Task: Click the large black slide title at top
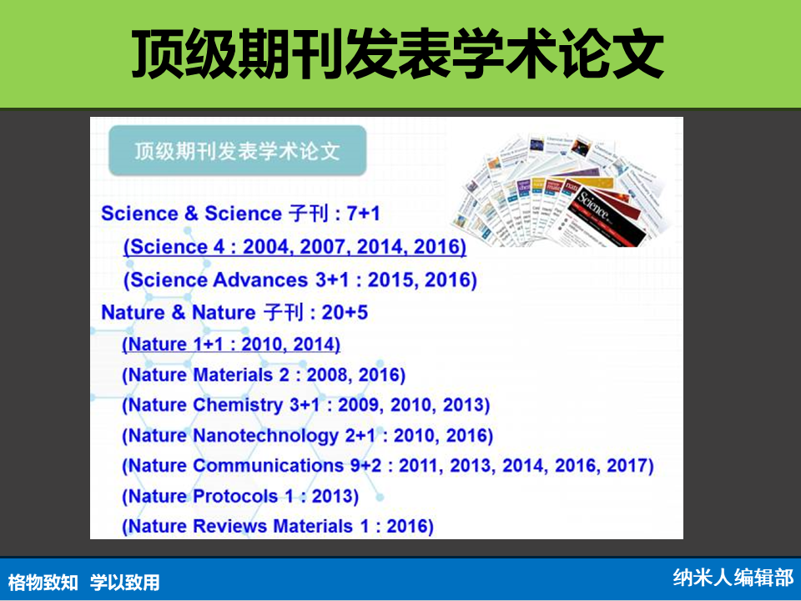click(397, 53)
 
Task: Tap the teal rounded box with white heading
click(238, 151)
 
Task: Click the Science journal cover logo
click(593, 205)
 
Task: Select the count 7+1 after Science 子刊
click(363, 213)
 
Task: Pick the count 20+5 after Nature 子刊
click(345, 312)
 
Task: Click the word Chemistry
click(238, 406)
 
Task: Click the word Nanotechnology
click(265, 436)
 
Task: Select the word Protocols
click(235, 496)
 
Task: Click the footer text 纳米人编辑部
click(733, 578)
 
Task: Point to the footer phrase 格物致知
click(43, 582)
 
